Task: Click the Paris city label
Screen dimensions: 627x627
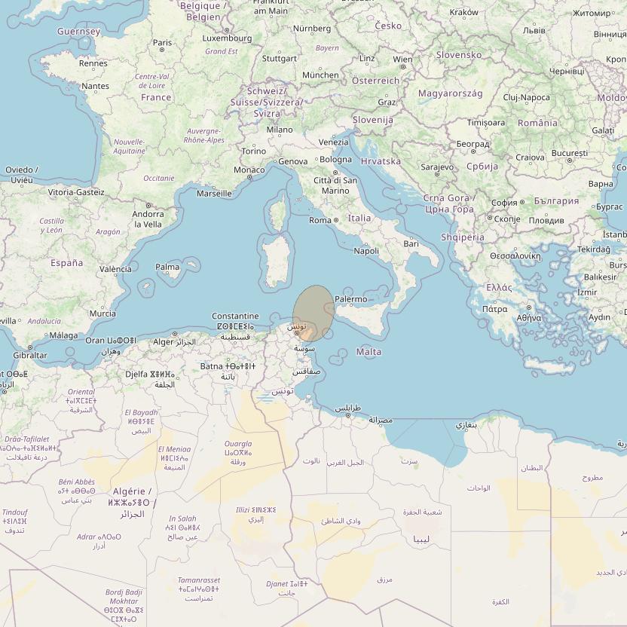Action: pos(163,43)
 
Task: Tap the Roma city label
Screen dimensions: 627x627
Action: pos(320,220)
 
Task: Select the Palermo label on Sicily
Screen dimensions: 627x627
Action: pos(350,299)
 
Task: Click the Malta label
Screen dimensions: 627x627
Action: pos(369,352)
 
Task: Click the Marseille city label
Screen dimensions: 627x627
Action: pos(214,194)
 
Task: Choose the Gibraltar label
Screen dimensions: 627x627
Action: pos(30,355)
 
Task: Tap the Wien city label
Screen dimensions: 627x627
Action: pos(402,60)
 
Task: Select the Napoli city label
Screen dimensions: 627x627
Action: pos(366,251)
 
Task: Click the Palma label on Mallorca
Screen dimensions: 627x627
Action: pos(167,267)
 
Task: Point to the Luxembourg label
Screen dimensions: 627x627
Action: pos(228,38)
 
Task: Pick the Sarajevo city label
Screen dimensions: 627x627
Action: pos(437,167)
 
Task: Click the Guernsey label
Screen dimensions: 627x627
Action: pos(78,32)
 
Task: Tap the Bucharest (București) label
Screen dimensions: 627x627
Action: pos(569,153)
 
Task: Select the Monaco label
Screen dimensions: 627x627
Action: pos(249,170)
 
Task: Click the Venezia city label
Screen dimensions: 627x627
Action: pos(334,142)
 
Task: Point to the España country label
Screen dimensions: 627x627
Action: pos(67,263)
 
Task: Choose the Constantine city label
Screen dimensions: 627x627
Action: pos(235,316)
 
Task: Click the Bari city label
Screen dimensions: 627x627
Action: pos(411,243)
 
